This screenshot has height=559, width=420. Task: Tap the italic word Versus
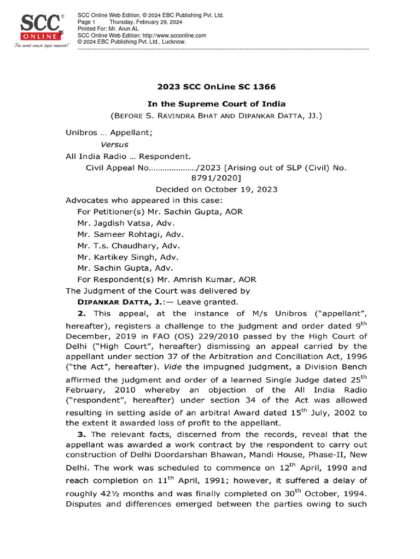click(115, 145)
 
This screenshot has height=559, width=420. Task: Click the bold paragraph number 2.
click(83, 313)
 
